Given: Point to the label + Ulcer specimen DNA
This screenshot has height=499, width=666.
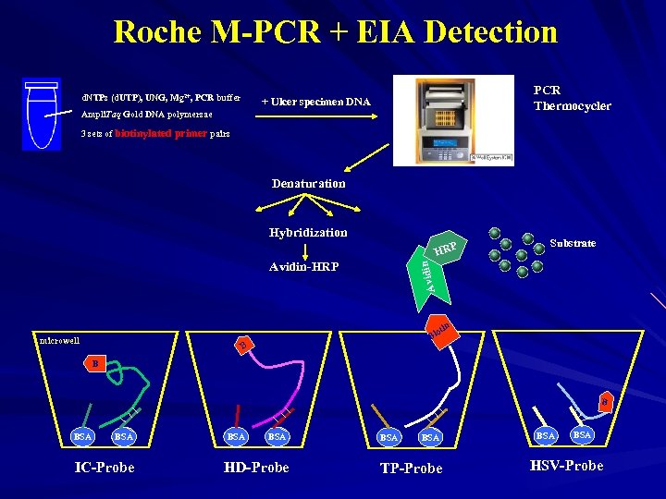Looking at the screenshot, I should point(315,101).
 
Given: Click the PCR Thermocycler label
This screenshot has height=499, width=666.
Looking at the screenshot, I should point(572,98).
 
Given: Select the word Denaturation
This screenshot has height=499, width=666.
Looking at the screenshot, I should point(308,183).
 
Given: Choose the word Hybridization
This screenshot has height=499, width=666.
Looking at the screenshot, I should point(308,232).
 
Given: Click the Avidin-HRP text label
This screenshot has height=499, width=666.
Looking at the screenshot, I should point(303,267).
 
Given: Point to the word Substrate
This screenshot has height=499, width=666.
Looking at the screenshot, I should point(572,243).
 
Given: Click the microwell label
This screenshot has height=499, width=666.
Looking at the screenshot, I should point(59,341).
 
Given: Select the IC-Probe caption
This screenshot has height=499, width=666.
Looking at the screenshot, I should point(104,467).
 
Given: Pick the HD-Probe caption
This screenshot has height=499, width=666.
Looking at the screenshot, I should point(256,467).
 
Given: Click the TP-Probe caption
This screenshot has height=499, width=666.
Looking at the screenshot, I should point(411,469).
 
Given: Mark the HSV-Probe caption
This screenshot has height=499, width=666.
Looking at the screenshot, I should point(565,465).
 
